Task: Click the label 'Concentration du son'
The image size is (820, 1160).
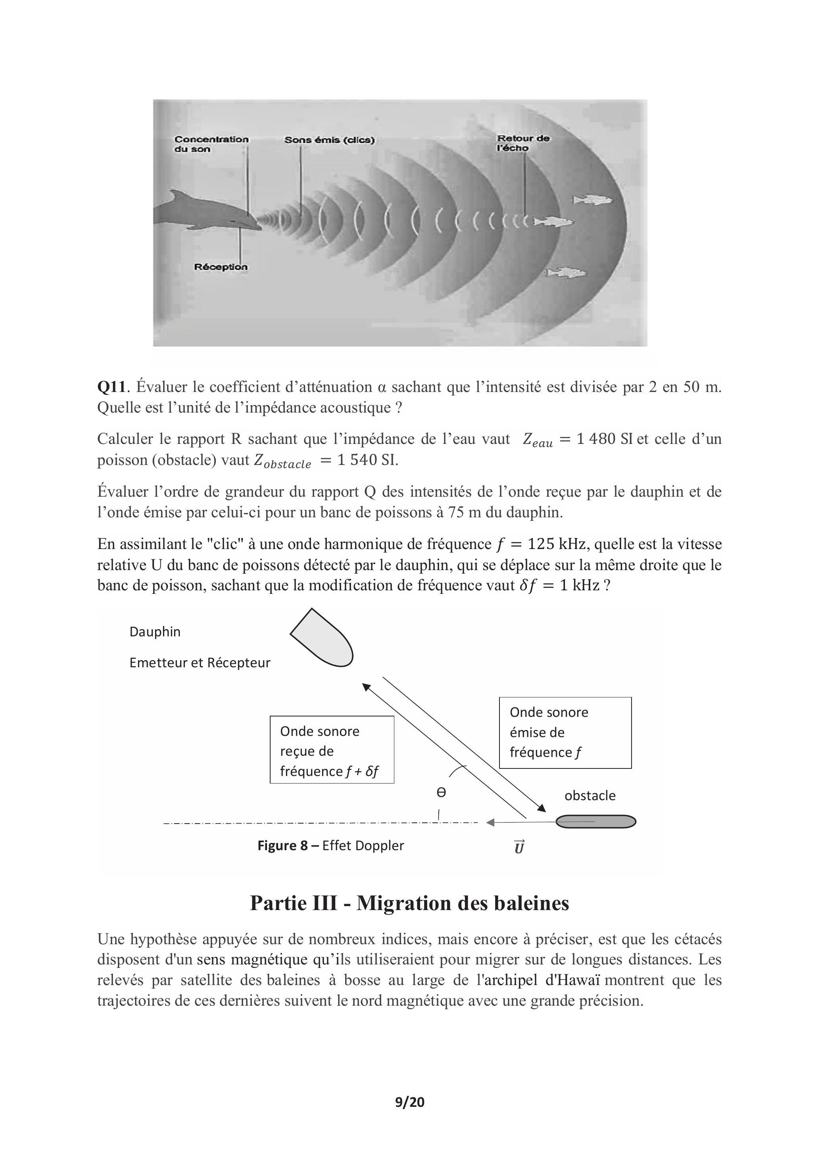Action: tap(211, 144)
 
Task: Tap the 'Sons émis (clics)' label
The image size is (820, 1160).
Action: tap(329, 140)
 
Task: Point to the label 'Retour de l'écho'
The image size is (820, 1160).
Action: tap(523, 143)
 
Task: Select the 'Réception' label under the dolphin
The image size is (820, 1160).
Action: tap(221, 267)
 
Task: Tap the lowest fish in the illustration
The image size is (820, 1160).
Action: tap(566, 273)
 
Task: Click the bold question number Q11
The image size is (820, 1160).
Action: tap(111, 387)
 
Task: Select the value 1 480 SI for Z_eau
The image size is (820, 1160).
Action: tap(604, 439)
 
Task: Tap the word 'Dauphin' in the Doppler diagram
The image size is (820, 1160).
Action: tap(155, 632)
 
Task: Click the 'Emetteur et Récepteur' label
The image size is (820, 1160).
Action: tap(200, 663)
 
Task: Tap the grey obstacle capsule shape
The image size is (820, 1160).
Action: tap(596, 822)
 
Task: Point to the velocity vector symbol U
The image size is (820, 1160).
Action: tap(519, 847)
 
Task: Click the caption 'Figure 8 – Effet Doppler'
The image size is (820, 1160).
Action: tap(330, 845)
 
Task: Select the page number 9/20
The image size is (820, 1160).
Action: tap(410, 1102)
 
